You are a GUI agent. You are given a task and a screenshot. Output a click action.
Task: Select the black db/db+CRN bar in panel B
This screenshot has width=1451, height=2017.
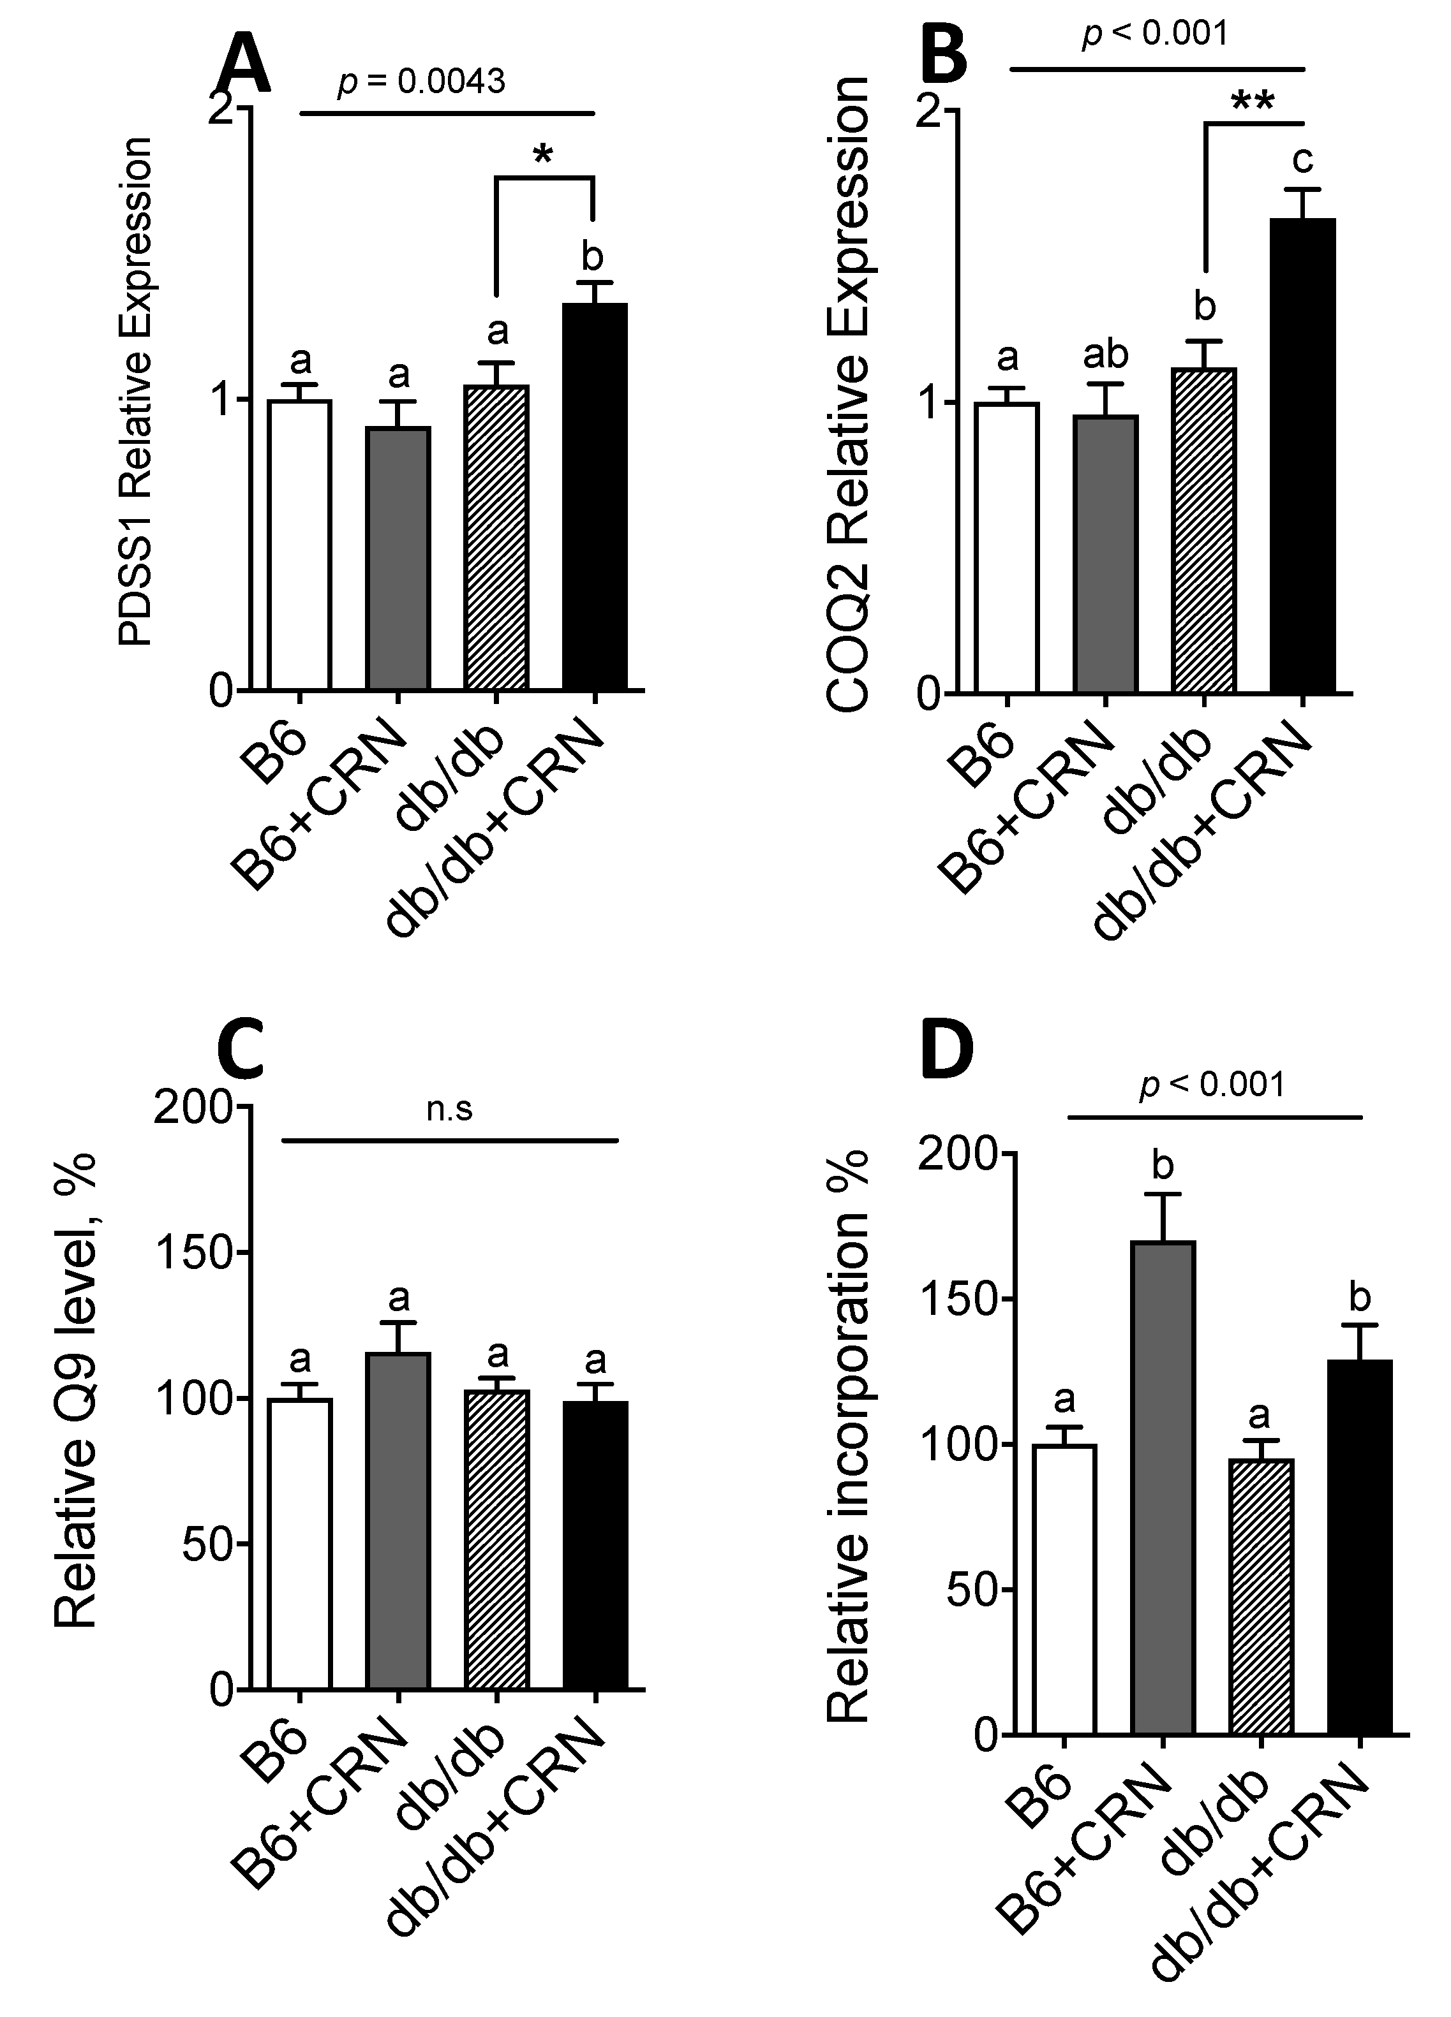(x=1302, y=455)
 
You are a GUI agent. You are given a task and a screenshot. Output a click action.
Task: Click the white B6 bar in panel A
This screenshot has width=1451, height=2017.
(x=300, y=545)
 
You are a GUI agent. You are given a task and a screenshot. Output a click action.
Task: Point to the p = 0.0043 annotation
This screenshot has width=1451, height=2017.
(x=422, y=82)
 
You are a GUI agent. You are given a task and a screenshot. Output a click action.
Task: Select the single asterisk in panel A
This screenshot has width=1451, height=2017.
(x=542, y=156)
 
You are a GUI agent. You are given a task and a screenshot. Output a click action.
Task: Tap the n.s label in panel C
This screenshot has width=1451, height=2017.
(x=449, y=1109)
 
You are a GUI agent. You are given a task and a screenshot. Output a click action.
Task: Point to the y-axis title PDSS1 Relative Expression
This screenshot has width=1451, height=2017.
(x=137, y=392)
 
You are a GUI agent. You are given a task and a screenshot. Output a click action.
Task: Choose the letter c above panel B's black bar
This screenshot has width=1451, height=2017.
(x=1302, y=160)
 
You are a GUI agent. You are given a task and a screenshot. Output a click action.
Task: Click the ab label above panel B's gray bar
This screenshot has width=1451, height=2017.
(x=1105, y=355)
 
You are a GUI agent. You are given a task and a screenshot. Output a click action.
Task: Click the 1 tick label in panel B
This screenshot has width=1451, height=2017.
(x=930, y=403)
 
